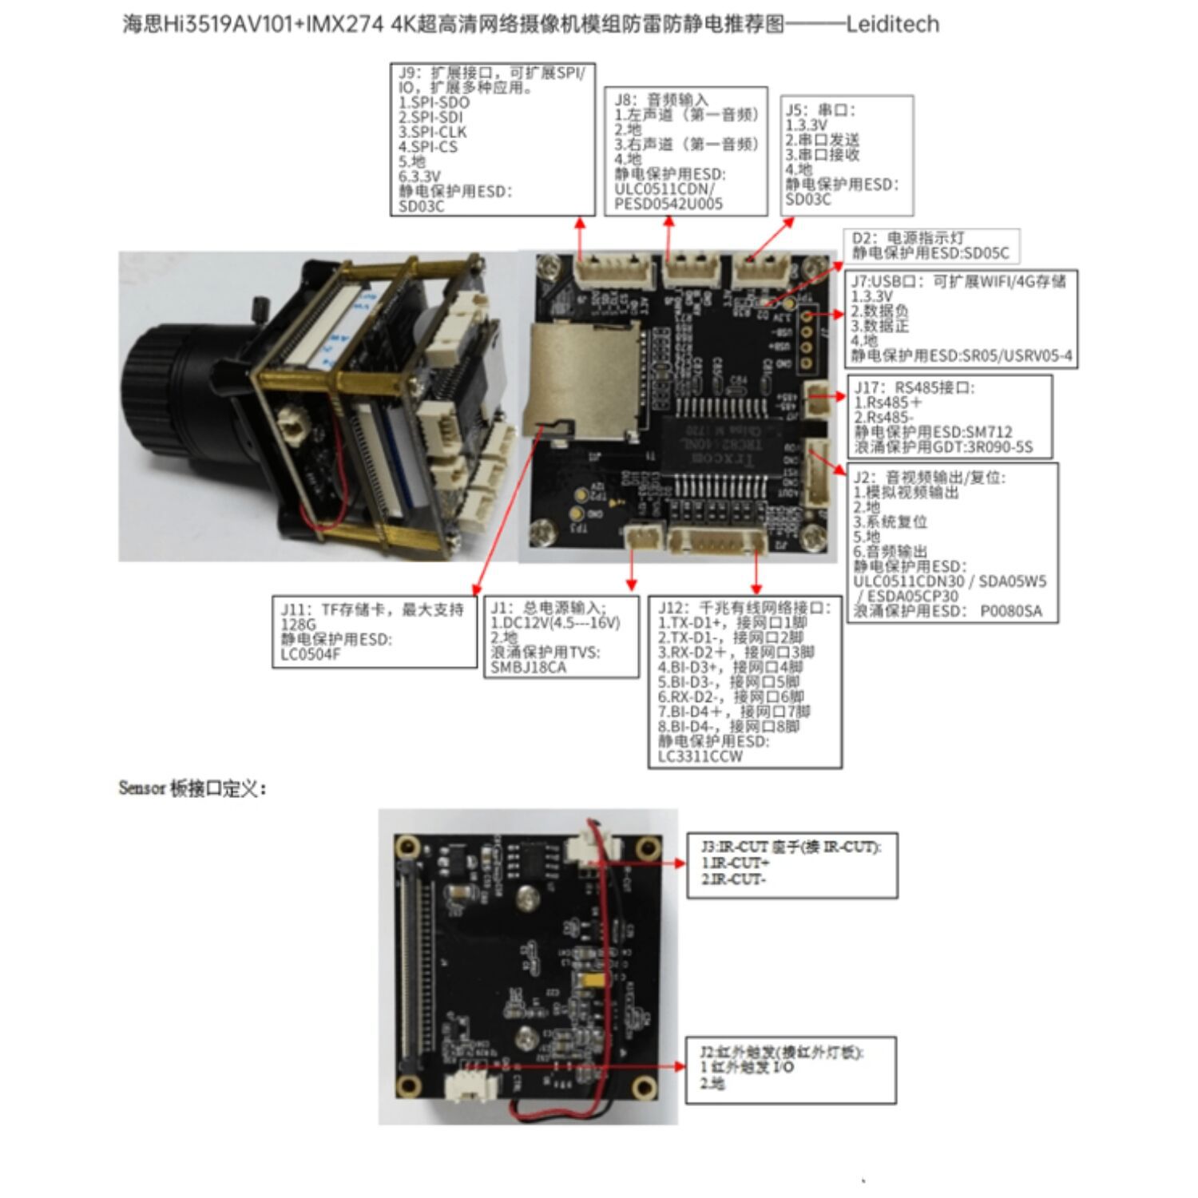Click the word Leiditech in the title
pos(892,24)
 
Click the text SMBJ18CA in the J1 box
pos(529,668)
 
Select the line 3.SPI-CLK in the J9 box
pos(433,132)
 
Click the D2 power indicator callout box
pos(931,246)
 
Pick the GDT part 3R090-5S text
pos(1002,447)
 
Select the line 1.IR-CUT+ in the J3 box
pos(735,863)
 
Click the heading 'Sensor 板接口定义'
pos(192,788)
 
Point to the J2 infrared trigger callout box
pos(791,1070)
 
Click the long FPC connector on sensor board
pos(411,966)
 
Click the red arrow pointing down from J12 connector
pos(756,571)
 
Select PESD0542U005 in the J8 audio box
pos(668,204)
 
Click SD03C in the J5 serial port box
pos(807,200)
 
